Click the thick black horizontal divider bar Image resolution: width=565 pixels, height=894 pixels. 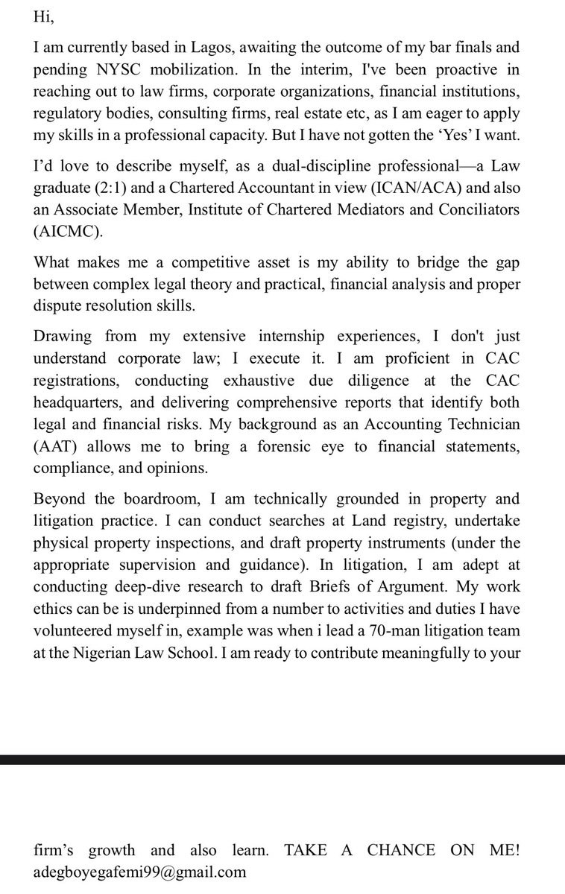(x=282, y=759)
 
